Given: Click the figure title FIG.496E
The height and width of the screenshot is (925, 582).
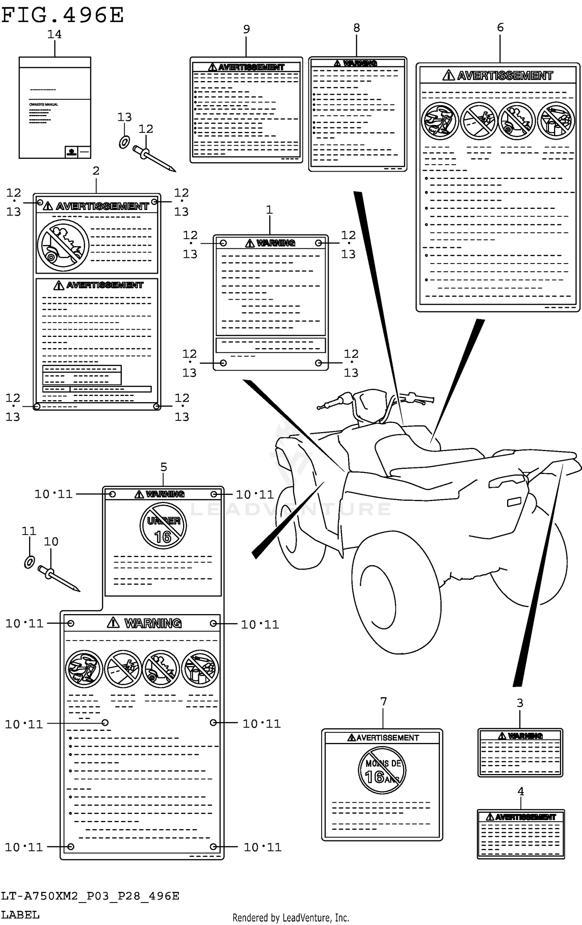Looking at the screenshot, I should click(x=62, y=16).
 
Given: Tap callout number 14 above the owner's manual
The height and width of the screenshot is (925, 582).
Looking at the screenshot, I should click(x=54, y=35).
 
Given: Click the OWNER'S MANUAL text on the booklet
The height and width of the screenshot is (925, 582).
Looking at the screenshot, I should click(x=44, y=104).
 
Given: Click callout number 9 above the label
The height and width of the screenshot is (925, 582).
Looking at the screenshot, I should click(x=246, y=29).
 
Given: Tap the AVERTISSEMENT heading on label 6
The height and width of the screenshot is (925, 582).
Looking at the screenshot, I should click(x=504, y=75).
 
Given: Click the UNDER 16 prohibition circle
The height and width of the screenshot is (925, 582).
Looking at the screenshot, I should click(x=163, y=526).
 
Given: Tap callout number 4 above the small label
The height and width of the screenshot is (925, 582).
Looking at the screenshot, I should click(x=521, y=791).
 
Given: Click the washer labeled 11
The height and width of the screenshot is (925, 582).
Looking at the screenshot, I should click(x=29, y=562).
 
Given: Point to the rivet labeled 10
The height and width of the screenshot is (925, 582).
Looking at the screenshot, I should click(x=58, y=578).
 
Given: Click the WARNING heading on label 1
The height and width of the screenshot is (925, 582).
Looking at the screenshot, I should click(x=275, y=243).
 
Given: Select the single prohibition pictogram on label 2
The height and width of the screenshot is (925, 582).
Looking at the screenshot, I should click(x=63, y=245).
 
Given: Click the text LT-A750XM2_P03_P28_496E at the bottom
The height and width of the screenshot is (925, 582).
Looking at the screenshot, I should click(x=90, y=896).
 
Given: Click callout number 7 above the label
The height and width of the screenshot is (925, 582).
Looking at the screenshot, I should click(x=383, y=701).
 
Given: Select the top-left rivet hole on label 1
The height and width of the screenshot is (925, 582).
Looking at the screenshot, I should click(x=223, y=243).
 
